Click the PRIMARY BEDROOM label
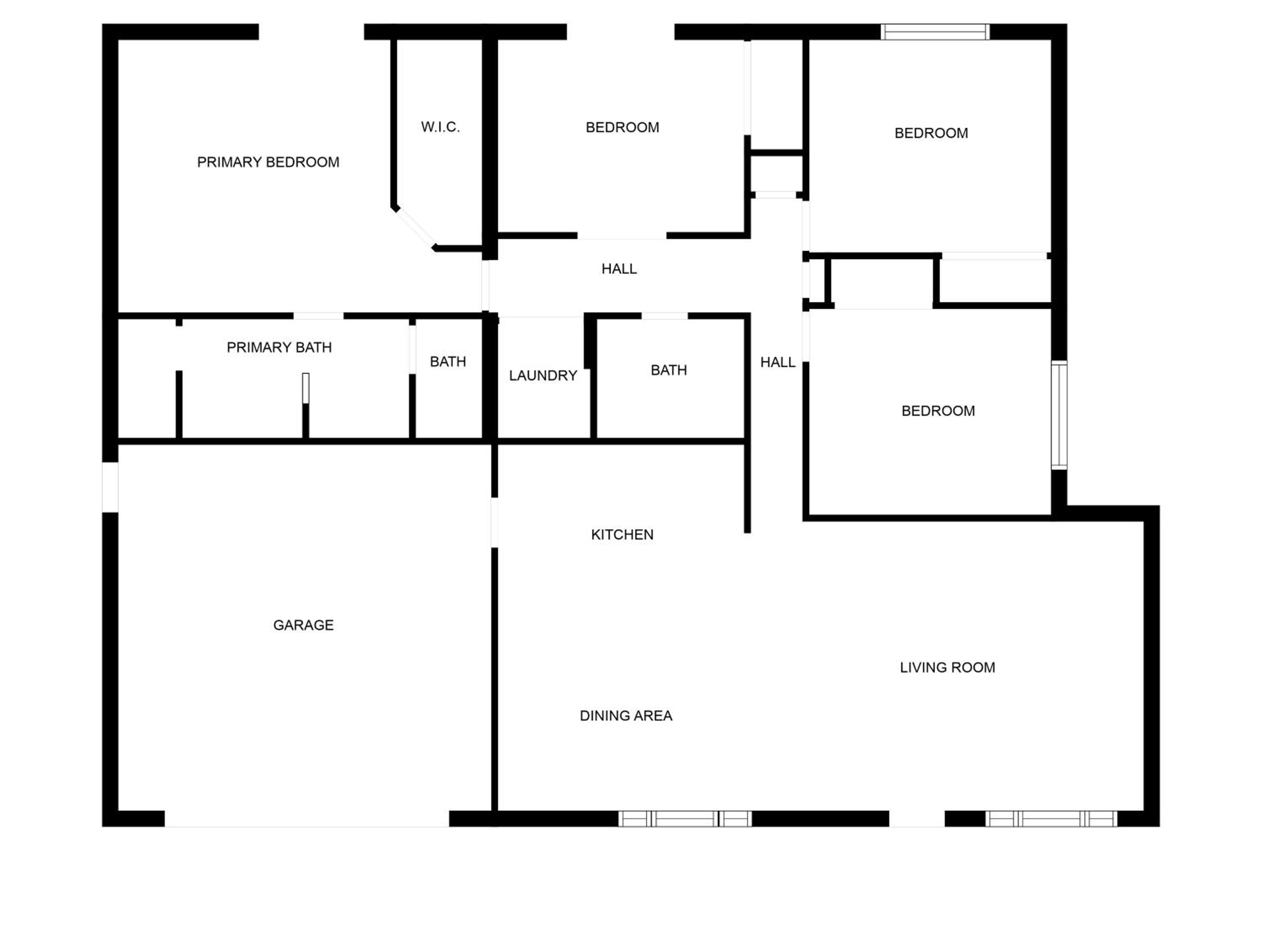[268, 162]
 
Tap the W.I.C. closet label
[440, 127]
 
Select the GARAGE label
[304, 625]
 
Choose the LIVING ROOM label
[948, 667]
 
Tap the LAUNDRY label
[543, 375]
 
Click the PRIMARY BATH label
[279, 348]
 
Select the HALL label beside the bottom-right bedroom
[778, 362]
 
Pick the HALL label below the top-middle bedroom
[619, 269]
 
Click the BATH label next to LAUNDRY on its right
[669, 370]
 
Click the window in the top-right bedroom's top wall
[935, 32]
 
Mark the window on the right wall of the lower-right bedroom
[1059, 415]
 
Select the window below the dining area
[685, 819]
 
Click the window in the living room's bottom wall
[1051, 819]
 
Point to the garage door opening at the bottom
[307, 819]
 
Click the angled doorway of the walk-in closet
[415, 228]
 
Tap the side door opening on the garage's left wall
[110, 487]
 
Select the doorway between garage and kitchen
[494, 522]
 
